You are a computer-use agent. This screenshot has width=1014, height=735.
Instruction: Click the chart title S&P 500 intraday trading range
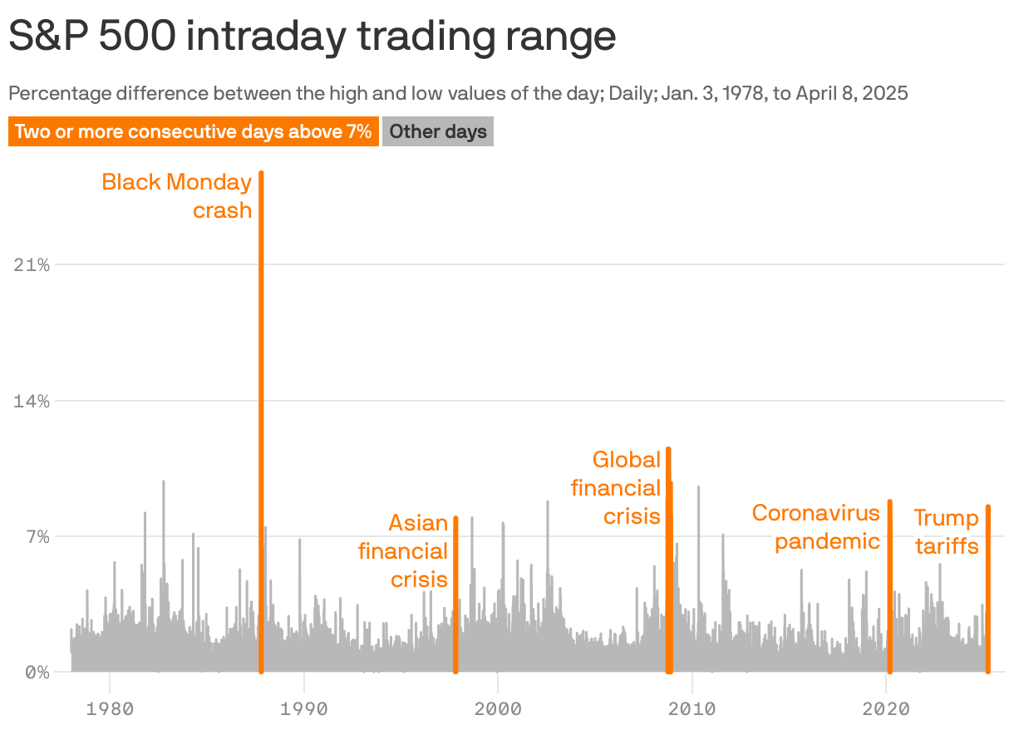(x=312, y=37)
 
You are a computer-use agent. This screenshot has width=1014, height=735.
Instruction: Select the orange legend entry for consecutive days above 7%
(x=193, y=131)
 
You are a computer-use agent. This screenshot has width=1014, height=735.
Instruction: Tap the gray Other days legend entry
(x=438, y=131)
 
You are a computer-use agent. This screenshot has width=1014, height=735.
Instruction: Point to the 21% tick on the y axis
(x=32, y=265)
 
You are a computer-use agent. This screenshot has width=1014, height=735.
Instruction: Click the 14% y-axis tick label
(x=32, y=401)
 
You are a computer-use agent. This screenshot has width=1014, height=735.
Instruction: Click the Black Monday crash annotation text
(x=177, y=196)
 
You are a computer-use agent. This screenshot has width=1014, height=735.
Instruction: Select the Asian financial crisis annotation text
(x=404, y=550)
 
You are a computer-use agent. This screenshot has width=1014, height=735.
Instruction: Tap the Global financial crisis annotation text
(x=616, y=487)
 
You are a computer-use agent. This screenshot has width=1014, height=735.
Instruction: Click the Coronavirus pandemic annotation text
(x=816, y=527)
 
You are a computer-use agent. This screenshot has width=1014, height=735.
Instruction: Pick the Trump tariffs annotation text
(x=947, y=532)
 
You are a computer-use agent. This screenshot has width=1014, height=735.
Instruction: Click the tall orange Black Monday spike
(x=261, y=416)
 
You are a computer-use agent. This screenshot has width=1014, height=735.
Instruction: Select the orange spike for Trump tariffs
(x=987, y=590)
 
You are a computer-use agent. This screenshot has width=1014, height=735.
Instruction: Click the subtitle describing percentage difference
(x=458, y=93)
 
